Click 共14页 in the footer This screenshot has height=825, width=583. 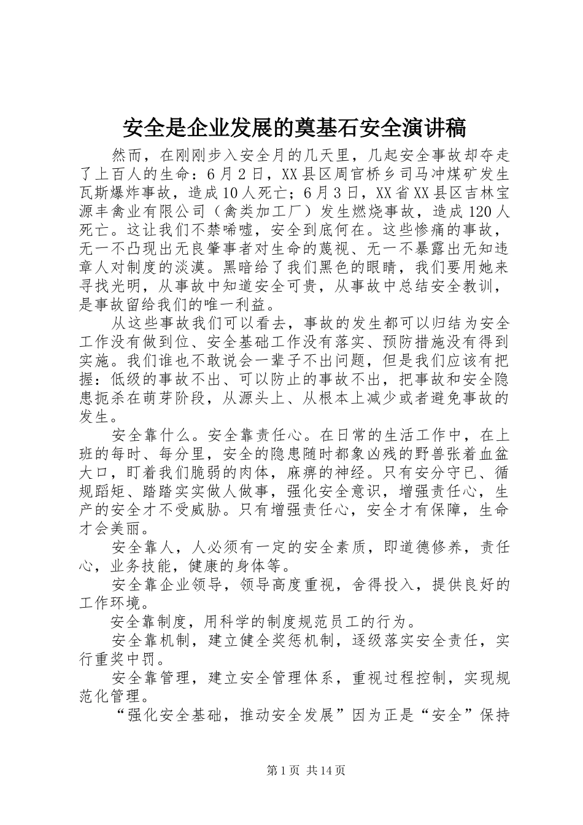(326, 770)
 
